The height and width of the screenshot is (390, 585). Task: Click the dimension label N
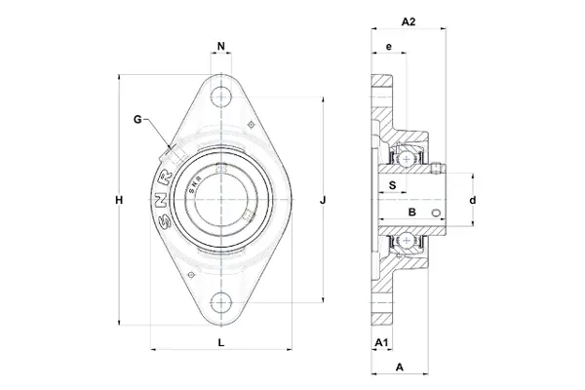point(222,47)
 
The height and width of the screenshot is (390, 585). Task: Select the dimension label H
point(118,201)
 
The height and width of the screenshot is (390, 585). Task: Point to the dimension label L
point(221,341)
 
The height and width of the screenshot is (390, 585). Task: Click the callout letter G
point(138,119)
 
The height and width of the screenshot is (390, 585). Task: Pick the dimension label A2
point(409,21)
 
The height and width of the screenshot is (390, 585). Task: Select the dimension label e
point(388,47)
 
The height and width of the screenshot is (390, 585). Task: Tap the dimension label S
point(392,183)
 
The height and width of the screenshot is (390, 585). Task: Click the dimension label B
point(411,211)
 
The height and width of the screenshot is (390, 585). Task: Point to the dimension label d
point(472,201)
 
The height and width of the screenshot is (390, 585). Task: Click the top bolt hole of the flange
point(223,97)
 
